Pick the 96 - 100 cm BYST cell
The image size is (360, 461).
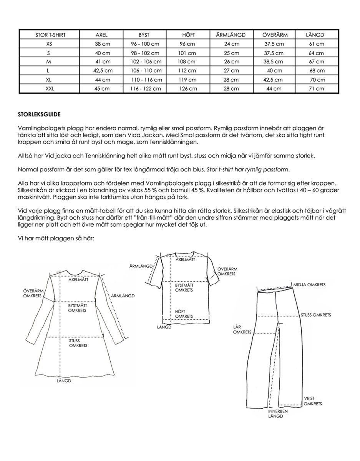(x=143, y=44)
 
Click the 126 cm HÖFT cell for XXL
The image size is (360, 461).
(x=187, y=88)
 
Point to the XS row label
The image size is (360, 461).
(x=48, y=44)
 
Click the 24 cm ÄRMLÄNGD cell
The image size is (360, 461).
(x=231, y=44)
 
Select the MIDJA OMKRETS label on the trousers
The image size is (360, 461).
(x=309, y=285)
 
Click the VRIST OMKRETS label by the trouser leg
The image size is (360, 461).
(x=312, y=401)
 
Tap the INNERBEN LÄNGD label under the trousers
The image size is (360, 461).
(x=276, y=413)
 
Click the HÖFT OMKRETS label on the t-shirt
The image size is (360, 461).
(x=184, y=313)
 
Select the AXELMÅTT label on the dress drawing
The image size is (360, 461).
(x=78, y=280)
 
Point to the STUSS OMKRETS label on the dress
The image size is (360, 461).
(x=78, y=343)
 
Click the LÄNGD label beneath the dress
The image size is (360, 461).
(x=64, y=381)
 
